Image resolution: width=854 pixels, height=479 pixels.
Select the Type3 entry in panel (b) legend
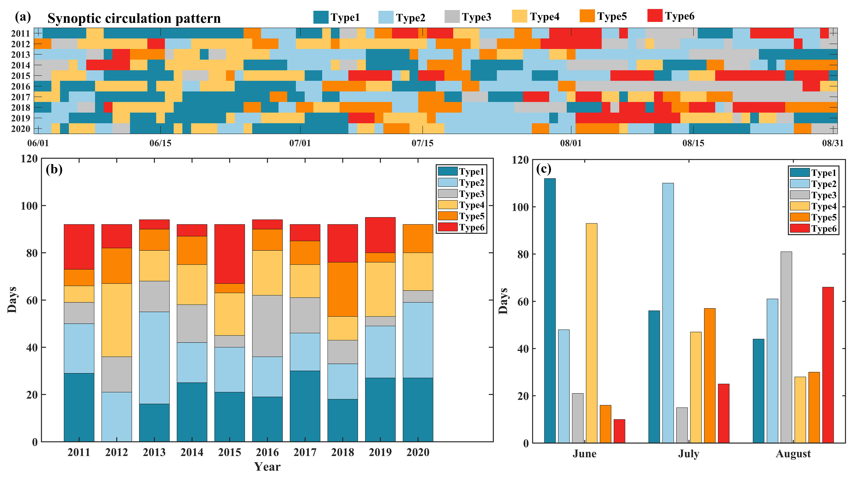pos(448,194)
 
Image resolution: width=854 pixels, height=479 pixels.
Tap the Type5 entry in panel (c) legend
pos(800,217)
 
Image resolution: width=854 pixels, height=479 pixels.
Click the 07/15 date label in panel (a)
pos(422,143)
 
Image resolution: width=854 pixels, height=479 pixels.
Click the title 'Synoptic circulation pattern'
pos(134,18)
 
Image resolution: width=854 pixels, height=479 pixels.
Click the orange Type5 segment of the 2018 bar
pos(342,289)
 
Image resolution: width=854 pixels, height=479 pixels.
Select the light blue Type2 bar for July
pos(668,313)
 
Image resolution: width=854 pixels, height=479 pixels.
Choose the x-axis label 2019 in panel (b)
pos(380,452)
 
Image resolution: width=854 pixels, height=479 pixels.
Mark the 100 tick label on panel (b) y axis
pos(29,206)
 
